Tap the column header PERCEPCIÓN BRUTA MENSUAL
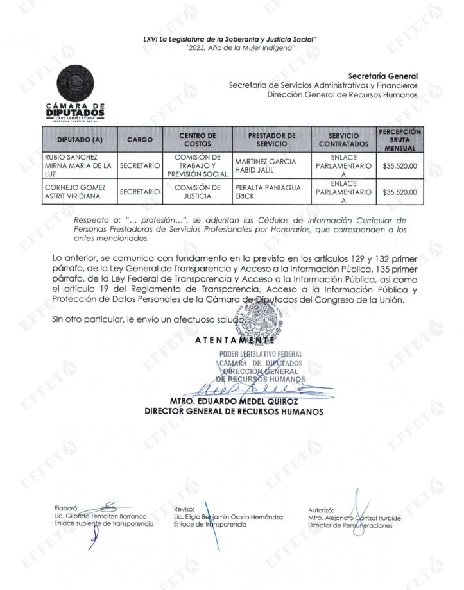coord(400,139)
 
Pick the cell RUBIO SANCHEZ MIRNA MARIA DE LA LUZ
coord(78,165)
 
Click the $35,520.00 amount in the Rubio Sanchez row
coord(399,166)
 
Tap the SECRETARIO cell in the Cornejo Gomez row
coord(139,192)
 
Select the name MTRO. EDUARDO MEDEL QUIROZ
coord(234,402)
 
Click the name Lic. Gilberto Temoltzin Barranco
coord(101,516)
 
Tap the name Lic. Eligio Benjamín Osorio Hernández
coord(228,516)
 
